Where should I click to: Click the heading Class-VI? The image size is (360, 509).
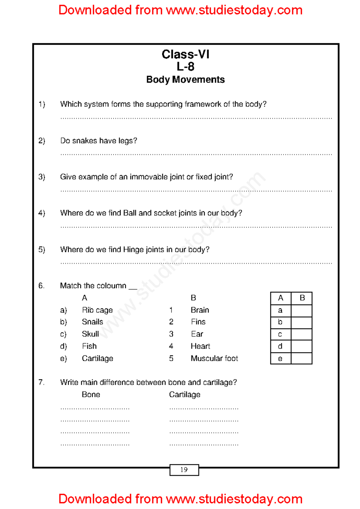185,55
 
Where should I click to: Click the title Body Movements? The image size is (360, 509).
185,79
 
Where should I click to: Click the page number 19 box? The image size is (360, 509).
184,470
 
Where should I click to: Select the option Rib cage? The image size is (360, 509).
97,310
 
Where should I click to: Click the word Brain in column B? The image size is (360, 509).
200,310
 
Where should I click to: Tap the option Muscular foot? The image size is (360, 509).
214,358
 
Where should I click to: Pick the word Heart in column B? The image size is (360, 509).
200,346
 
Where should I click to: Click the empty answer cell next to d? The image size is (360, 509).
301,346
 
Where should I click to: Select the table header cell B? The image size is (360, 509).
302,298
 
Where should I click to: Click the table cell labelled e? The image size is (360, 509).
280,359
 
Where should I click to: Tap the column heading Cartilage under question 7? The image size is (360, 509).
184,394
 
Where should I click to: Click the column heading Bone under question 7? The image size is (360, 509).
91,394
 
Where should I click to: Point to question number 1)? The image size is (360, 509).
42,104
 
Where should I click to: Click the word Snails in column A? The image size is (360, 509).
92,322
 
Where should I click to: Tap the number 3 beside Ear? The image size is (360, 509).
171,334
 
